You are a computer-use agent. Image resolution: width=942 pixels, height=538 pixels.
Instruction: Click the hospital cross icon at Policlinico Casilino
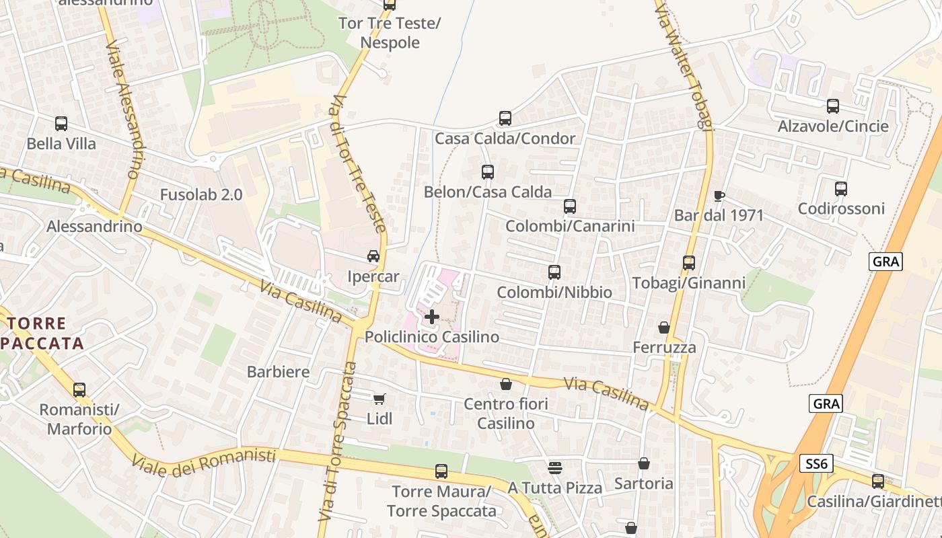[432, 316]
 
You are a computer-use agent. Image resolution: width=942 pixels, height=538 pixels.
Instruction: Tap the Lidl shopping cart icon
[379, 399]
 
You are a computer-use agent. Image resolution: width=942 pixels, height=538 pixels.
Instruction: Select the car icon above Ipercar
[373, 256]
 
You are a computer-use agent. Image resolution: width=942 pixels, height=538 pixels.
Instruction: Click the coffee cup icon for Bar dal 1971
[719, 196]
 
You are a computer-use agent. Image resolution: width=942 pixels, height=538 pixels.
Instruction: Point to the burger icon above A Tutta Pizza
[555, 467]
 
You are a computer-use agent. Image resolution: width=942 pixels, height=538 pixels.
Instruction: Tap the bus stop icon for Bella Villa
[61, 124]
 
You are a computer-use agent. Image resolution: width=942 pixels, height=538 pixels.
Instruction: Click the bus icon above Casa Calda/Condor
[505, 118]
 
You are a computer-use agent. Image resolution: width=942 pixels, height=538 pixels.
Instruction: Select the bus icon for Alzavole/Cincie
[833, 106]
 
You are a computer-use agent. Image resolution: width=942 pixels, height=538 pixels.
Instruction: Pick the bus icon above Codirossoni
[841, 189]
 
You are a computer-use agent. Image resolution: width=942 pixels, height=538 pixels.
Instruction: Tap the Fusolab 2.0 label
[201, 195]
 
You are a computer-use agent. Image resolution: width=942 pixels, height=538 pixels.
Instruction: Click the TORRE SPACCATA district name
[44, 334]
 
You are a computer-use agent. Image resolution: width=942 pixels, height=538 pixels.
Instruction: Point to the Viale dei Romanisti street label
[204, 460]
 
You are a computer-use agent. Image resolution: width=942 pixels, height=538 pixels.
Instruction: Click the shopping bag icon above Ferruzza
[664, 328]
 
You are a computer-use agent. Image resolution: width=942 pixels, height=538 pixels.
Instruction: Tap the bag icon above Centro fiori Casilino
[506, 384]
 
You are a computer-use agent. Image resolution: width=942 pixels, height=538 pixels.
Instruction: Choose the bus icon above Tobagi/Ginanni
[689, 263]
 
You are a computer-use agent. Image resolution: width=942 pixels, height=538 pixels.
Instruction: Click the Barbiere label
[279, 372]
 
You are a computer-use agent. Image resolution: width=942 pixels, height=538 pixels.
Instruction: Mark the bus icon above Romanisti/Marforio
[79, 390]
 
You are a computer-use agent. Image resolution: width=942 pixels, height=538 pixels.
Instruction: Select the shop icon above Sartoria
[644, 463]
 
